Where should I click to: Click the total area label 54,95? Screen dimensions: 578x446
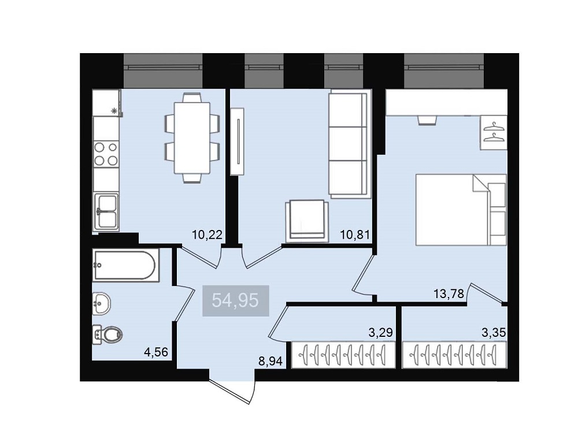coord(236,301)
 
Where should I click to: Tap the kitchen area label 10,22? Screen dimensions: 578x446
coord(207,235)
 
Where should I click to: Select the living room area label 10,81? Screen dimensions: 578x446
coord(355,235)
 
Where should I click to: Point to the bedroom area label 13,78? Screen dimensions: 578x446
coord(448,294)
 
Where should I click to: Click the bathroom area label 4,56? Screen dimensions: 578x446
coord(156,352)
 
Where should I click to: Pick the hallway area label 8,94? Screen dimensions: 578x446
coord(271,362)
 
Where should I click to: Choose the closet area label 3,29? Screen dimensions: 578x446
coord(381,333)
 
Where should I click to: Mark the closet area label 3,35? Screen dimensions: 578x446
coord(494,333)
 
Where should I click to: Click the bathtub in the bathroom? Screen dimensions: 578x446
coord(125,265)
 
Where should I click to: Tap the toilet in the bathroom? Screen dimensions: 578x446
coord(108,335)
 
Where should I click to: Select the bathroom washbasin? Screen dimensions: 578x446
coord(101,304)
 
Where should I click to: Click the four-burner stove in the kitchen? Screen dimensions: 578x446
coord(106,154)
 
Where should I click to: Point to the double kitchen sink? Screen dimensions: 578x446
coord(106,211)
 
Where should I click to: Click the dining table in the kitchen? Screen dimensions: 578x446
coord(192,138)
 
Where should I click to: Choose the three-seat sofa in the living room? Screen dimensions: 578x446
coord(349,144)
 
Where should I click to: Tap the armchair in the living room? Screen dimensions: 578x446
coord(307,221)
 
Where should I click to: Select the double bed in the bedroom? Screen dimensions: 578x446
coord(461,210)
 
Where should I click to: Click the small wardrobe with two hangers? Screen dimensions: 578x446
coord(493,132)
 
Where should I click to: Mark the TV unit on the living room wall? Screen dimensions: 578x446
coord(238,141)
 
